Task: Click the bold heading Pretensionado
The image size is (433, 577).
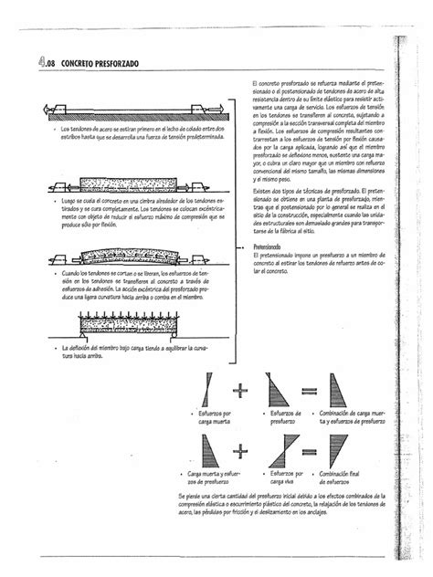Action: (270, 247)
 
